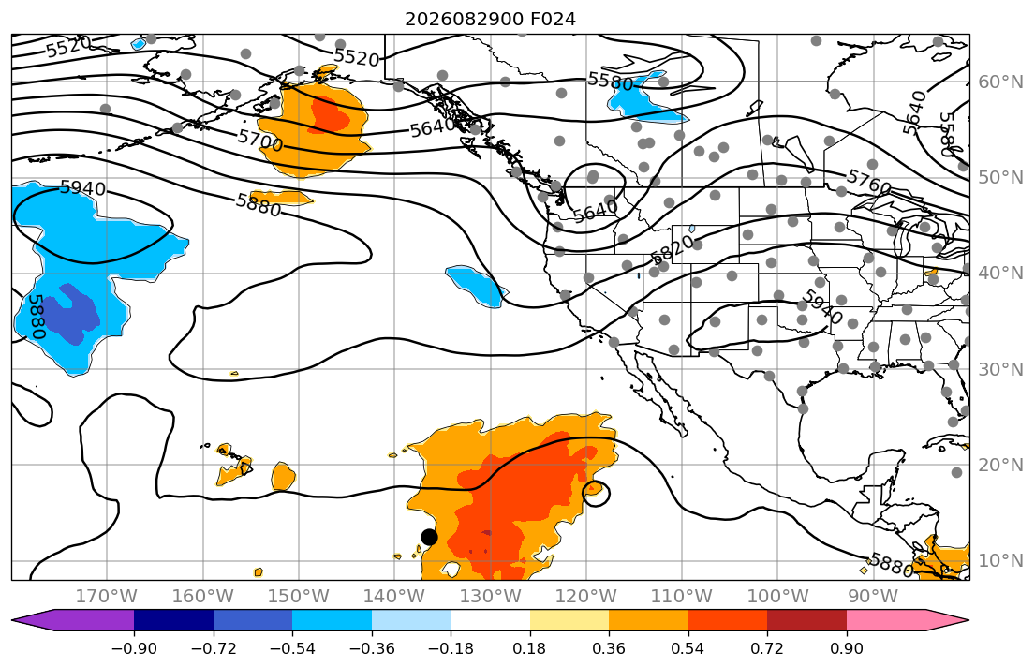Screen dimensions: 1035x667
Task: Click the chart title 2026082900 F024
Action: [x=490, y=19]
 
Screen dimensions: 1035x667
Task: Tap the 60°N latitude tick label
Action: [x=1000, y=82]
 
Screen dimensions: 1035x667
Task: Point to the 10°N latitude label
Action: [x=1000, y=561]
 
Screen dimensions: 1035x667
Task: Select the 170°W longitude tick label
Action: [x=107, y=597]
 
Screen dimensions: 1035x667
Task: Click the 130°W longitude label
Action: [x=491, y=597]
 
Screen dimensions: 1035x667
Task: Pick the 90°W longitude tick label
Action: [x=873, y=597]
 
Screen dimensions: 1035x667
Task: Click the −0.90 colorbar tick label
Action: [x=134, y=648]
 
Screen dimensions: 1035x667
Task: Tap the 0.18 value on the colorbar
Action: [x=530, y=648]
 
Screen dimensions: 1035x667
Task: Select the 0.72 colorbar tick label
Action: [x=767, y=648]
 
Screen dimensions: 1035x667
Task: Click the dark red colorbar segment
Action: [x=806, y=620]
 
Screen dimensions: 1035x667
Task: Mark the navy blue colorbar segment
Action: [x=173, y=620]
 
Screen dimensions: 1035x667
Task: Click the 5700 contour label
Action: [x=260, y=140]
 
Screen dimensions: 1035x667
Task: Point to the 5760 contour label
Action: [x=868, y=182]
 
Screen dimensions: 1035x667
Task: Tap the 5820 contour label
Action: [x=672, y=249]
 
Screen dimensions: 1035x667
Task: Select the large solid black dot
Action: [x=429, y=537]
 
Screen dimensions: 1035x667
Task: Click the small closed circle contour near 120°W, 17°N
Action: [x=596, y=482]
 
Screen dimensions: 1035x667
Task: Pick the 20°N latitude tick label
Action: [x=1000, y=465]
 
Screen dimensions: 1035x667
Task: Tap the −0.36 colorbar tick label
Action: [x=372, y=648]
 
